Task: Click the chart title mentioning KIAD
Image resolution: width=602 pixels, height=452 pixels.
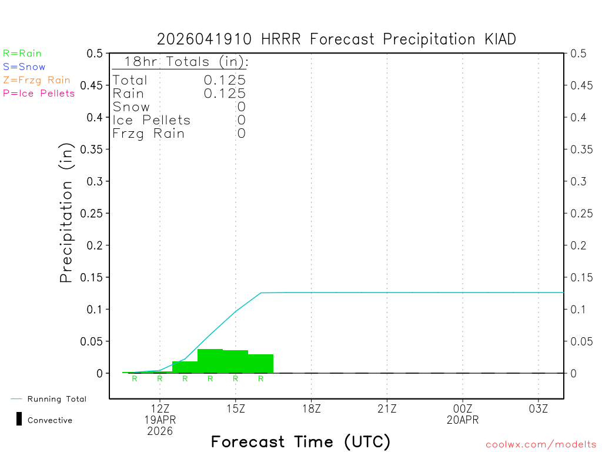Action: click(x=336, y=39)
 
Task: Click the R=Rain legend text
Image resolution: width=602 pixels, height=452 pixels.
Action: click(x=22, y=54)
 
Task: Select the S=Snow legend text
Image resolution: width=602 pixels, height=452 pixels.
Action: click(x=24, y=67)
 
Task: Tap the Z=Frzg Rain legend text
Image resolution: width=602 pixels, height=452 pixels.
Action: click(x=36, y=80)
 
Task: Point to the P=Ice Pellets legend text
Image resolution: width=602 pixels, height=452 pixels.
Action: click(x=39, y=93)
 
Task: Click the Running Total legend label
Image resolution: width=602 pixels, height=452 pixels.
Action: click(x=56, y=399)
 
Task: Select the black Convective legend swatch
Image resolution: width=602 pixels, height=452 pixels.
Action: click(x=19, y=420)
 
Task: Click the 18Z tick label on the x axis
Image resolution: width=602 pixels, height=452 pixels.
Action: click(x=312, y=408)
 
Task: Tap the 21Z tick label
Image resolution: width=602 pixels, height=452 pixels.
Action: click(x=387, y=408)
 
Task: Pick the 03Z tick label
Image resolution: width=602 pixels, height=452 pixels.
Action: click(x=539, y=408)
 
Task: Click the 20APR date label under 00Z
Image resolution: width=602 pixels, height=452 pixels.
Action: click(x=463, y=420)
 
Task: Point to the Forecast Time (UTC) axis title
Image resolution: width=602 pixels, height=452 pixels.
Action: click(x=300, y=441)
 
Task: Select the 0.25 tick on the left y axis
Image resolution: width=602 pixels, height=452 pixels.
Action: click(x=94, y=213)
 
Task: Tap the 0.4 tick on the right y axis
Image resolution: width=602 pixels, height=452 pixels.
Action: click(x=578, y=117)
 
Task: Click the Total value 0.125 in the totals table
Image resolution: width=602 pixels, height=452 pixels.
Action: click(x=225, y=80)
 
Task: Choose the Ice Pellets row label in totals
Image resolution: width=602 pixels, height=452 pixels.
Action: click(x=152, y=120)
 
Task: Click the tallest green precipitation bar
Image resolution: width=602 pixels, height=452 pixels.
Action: click(x=210, y=360)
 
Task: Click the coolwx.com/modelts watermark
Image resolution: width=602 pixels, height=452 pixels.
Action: click(x=541, y=445)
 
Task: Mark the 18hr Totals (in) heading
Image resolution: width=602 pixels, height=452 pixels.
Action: click(x=185, y=62)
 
